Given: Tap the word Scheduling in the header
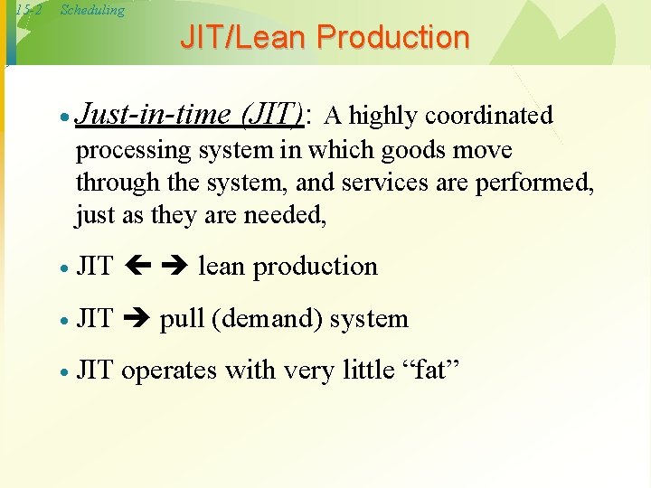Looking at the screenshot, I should (92, 10).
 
